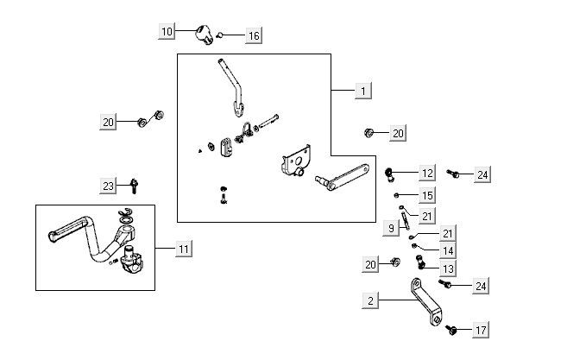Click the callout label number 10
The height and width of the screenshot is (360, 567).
tap(168, 31)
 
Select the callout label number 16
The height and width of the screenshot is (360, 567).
tap(253, 35)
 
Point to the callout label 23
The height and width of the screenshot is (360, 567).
tap(108, 186)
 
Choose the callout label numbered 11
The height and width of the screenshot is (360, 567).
tap(183, 249)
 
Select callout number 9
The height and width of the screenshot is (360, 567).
tap(391, 229)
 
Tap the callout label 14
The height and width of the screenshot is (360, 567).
tap(424, 250)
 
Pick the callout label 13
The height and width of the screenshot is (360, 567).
tap(424, 268)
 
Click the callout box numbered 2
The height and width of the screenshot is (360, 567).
tap(371, 301)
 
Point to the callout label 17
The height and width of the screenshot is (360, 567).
tap(481, 330)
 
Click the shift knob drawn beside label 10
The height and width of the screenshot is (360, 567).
tap(205, 35)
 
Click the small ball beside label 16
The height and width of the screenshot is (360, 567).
tap(221, 35)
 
